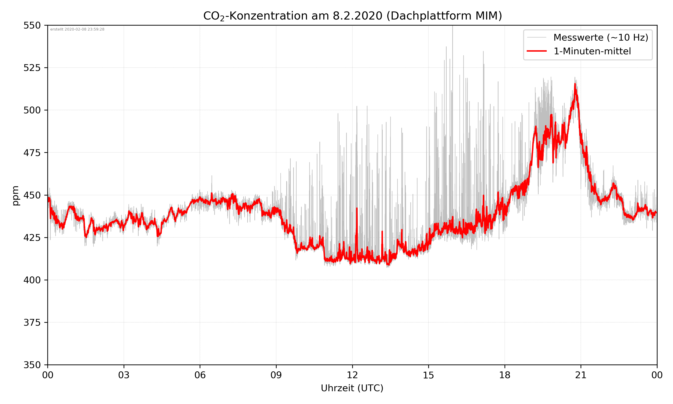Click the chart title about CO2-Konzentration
click(352, 16)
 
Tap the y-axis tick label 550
click(32, 25)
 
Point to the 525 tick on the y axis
click(32, 68)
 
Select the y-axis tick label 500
click(32, 110)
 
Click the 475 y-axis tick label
click(32, 153)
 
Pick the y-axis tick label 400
click(32, 280)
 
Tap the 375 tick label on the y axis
click(32, 323)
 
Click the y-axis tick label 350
click(32, 365)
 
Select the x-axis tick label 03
click(124, 375)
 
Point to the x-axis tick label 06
click(200, 375)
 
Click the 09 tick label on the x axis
click(276, 375)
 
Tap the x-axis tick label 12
click(352, 375)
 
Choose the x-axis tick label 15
click(428, 375)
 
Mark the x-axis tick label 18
click(505, 375)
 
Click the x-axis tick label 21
click(581, 375)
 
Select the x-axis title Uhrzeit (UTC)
click(352, 388)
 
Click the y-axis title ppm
click(15, 195)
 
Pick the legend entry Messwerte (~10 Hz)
click(601, 37)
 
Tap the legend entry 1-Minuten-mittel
click(592, 51)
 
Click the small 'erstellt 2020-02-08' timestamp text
click(77, 29)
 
